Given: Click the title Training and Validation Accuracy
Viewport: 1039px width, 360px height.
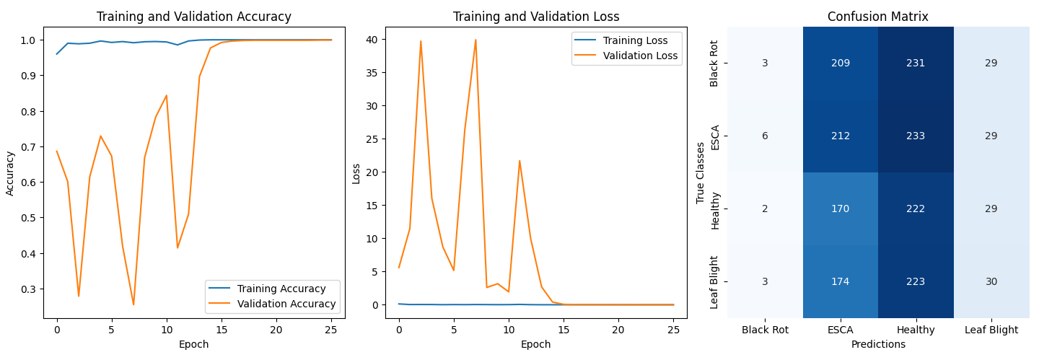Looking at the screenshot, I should [x=193, y=17].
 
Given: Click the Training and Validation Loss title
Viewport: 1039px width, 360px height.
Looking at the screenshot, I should [x=535, y=17].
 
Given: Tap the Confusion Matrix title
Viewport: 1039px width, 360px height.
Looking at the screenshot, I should [x=877, y=17].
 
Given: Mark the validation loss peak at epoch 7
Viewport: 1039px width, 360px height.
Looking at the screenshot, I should [x=475, y=40].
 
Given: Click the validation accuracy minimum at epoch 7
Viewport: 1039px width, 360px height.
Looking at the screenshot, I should [x=133, y=304].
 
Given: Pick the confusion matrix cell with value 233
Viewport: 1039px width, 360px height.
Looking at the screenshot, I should [x=916, y=136].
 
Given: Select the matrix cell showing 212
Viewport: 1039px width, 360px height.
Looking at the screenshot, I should [x=840, y=136].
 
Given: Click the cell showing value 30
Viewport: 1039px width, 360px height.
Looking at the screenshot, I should [x=991, y=281].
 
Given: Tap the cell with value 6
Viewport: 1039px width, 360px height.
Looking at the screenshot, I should [x=765, y=136].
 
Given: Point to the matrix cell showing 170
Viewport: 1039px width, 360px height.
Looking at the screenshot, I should [x=840, y=208].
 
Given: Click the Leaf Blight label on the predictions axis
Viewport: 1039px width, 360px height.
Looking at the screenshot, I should [x=991, y=330].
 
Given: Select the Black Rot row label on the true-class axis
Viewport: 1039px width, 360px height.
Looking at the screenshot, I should [x=715, y=63].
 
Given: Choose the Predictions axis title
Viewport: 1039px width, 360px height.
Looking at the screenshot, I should [x=877, y=345].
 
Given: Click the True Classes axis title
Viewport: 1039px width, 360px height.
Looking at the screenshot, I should [x=701, y=172].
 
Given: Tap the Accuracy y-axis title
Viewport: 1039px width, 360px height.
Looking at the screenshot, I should [x=10, y=172].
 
